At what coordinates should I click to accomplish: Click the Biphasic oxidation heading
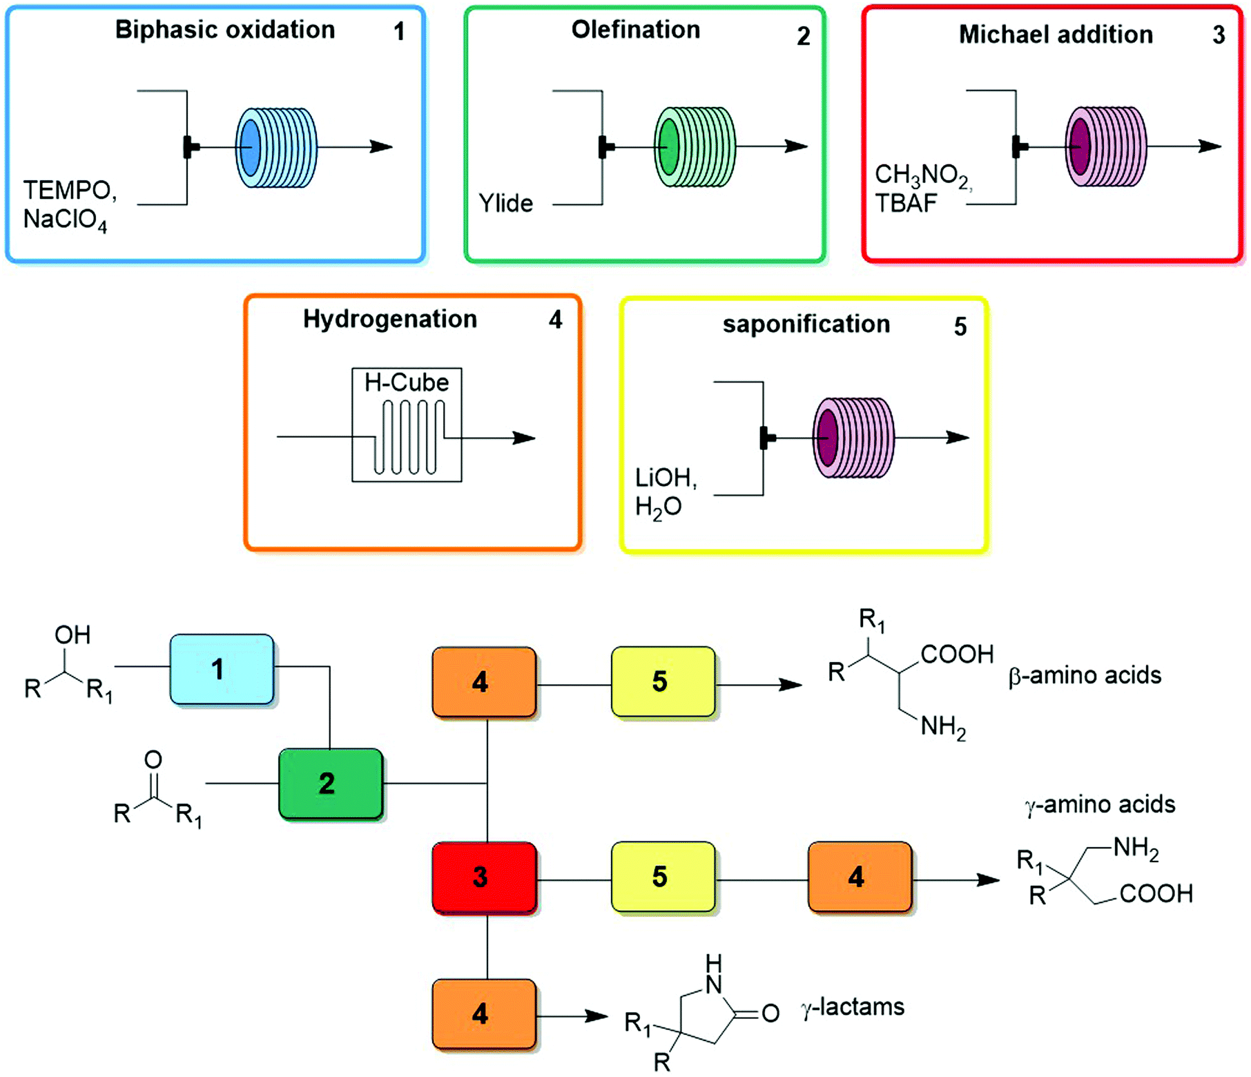(224, 30)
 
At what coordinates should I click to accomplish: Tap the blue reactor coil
(276, 147)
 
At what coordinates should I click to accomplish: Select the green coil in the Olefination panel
(694, 147)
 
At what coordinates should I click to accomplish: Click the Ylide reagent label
(505, 204)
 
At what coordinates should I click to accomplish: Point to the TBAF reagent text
(906, 204)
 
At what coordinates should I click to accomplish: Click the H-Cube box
(407, 425)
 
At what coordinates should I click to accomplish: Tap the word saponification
(806, 324)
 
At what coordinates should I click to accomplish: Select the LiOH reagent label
(666, 478)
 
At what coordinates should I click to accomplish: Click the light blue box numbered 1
(222, 669)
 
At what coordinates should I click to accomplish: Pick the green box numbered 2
(330, 783)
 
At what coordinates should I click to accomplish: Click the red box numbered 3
(484, 877)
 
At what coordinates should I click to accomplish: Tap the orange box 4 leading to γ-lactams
(484, 1013)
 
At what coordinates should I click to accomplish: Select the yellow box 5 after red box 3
(662, 877)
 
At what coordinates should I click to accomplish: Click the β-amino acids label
(1085, 675)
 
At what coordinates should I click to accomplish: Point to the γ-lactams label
(853, 1007)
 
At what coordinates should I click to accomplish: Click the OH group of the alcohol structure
(72, 634)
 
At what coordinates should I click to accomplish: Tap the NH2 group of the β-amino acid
(942, 727)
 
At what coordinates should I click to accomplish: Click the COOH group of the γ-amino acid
(1156, 894)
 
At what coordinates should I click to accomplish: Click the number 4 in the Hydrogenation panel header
(555, 320)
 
